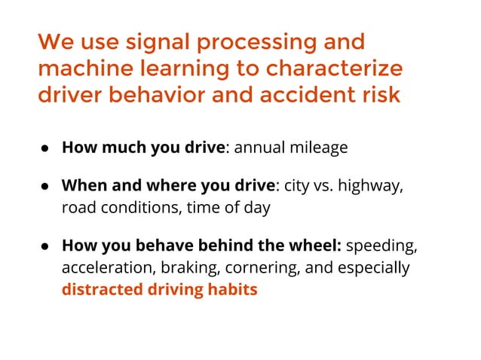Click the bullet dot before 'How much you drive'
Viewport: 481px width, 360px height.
(45, 148)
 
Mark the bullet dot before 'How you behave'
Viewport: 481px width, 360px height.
(45, 247)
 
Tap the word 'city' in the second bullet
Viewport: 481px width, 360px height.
(296, 186)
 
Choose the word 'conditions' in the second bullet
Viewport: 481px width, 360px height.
(133, 207)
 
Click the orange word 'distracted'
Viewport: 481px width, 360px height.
(99, 289)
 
